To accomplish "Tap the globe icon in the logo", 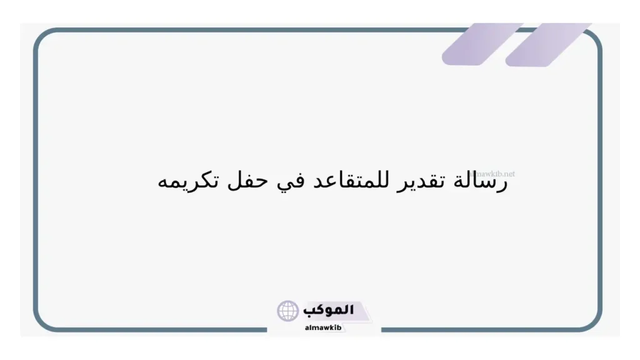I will (288, 310).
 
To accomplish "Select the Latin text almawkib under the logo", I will (323, 327).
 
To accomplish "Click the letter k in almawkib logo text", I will (331, 327).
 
